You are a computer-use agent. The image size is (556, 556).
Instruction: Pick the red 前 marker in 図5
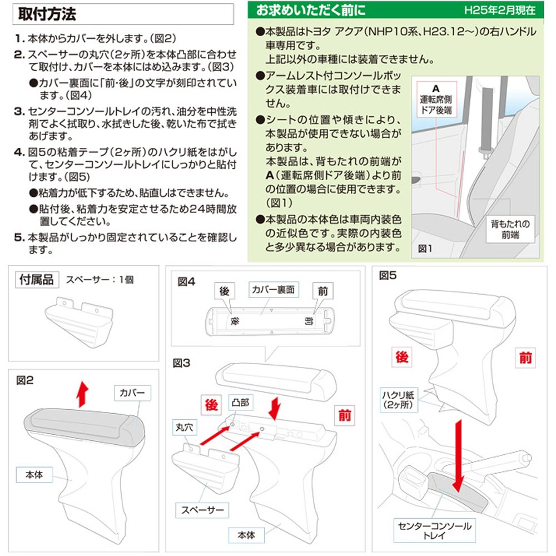(x=525, y=358)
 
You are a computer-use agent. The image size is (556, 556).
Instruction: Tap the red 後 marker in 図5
(x=402, y=358)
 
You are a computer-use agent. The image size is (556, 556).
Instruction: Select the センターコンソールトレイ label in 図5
(x=434, y=530)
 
